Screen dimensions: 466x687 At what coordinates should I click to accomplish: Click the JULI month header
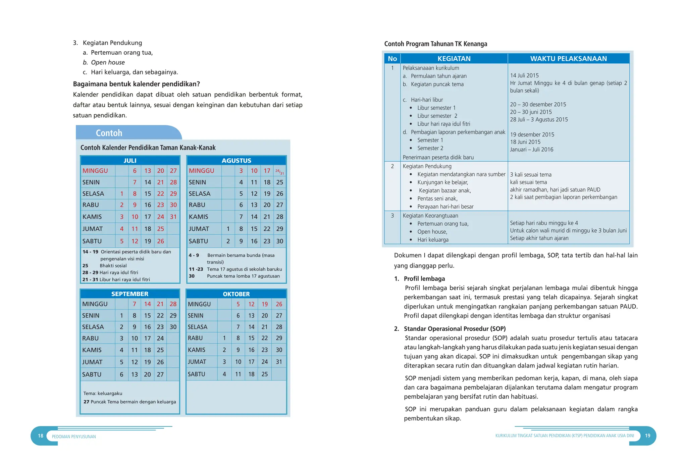130,161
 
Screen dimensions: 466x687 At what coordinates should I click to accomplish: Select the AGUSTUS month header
236,161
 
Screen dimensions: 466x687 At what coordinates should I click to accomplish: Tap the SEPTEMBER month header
130,294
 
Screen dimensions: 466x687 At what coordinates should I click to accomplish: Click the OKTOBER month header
236,294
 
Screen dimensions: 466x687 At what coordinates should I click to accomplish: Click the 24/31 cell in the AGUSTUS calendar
279,172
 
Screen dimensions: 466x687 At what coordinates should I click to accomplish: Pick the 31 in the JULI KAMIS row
173,217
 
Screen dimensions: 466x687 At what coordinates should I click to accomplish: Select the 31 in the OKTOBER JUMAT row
279,362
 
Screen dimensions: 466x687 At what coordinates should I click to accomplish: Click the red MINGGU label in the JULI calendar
95,171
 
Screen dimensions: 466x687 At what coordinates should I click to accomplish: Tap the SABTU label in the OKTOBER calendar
197,374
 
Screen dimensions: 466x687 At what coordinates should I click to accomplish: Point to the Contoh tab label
109,133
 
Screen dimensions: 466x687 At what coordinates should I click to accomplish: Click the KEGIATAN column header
454,59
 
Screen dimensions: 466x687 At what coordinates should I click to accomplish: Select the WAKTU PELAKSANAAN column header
568,59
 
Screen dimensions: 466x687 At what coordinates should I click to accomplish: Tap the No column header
392,59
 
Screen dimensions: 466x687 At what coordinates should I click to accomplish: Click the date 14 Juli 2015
524,75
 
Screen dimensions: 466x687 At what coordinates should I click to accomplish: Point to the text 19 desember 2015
532,134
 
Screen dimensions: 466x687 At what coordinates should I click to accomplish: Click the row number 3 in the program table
392,216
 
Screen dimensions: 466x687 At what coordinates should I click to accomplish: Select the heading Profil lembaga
424,279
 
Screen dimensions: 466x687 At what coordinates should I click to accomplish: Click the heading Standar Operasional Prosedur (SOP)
454,329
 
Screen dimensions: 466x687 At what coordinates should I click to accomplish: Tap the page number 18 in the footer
41,436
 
